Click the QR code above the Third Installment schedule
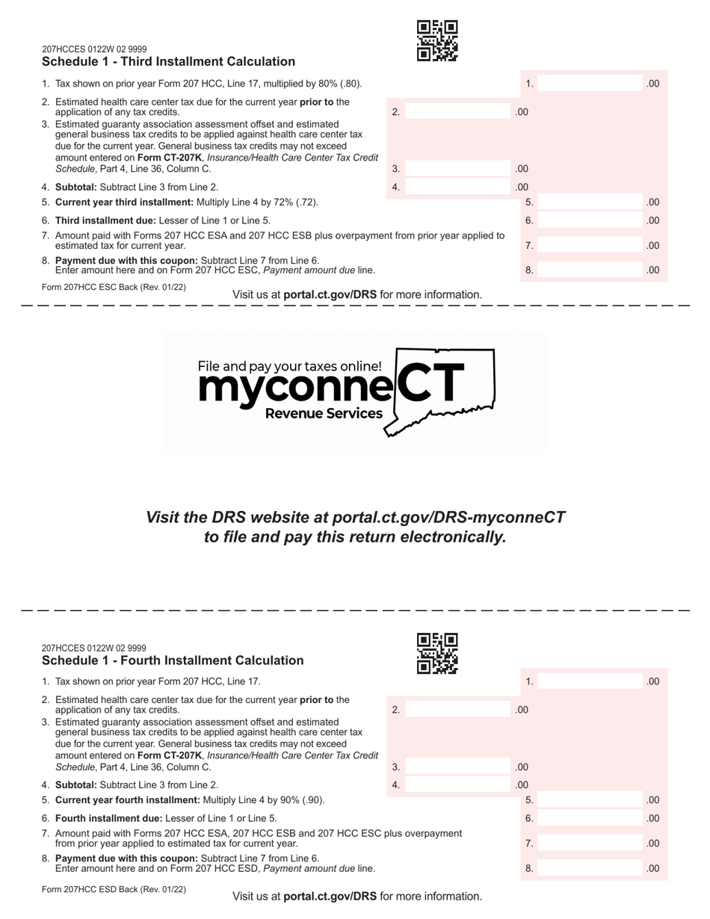point(437,40)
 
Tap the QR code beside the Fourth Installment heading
point(437,653)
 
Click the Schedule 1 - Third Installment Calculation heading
point(168,62)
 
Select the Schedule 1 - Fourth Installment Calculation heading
point(173,660)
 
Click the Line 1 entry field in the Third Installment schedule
point(590,84)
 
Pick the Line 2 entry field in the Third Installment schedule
point(457,112)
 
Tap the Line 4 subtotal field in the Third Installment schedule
point(457,188)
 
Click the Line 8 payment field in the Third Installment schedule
point(590,270)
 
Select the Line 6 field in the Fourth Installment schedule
point(590,819)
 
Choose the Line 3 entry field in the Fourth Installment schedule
point(457,767)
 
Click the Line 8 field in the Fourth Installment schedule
point(590,869)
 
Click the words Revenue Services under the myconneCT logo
point(324,414)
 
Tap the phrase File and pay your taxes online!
point(289,366)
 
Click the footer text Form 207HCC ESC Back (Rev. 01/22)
point(114,287)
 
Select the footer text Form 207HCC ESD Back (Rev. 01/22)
point(114,890)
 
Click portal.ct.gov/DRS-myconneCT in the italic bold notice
point(448,518)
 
